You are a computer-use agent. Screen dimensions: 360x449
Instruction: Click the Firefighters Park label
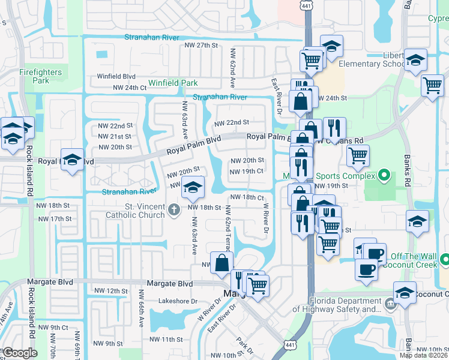pos(40,76)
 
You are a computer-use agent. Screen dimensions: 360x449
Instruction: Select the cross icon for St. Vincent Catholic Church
pos(174,209)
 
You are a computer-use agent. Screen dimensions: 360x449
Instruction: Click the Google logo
pos(20,353)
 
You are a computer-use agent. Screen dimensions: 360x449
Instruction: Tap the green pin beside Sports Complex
pos(385,176)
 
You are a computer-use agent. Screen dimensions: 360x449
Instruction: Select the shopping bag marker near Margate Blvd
pos(221,263)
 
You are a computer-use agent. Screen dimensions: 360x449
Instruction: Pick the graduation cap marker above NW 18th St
pos(192,188)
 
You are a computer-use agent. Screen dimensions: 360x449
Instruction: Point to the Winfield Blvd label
pos(116,76)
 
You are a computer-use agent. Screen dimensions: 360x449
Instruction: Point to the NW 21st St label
pos(115,136)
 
